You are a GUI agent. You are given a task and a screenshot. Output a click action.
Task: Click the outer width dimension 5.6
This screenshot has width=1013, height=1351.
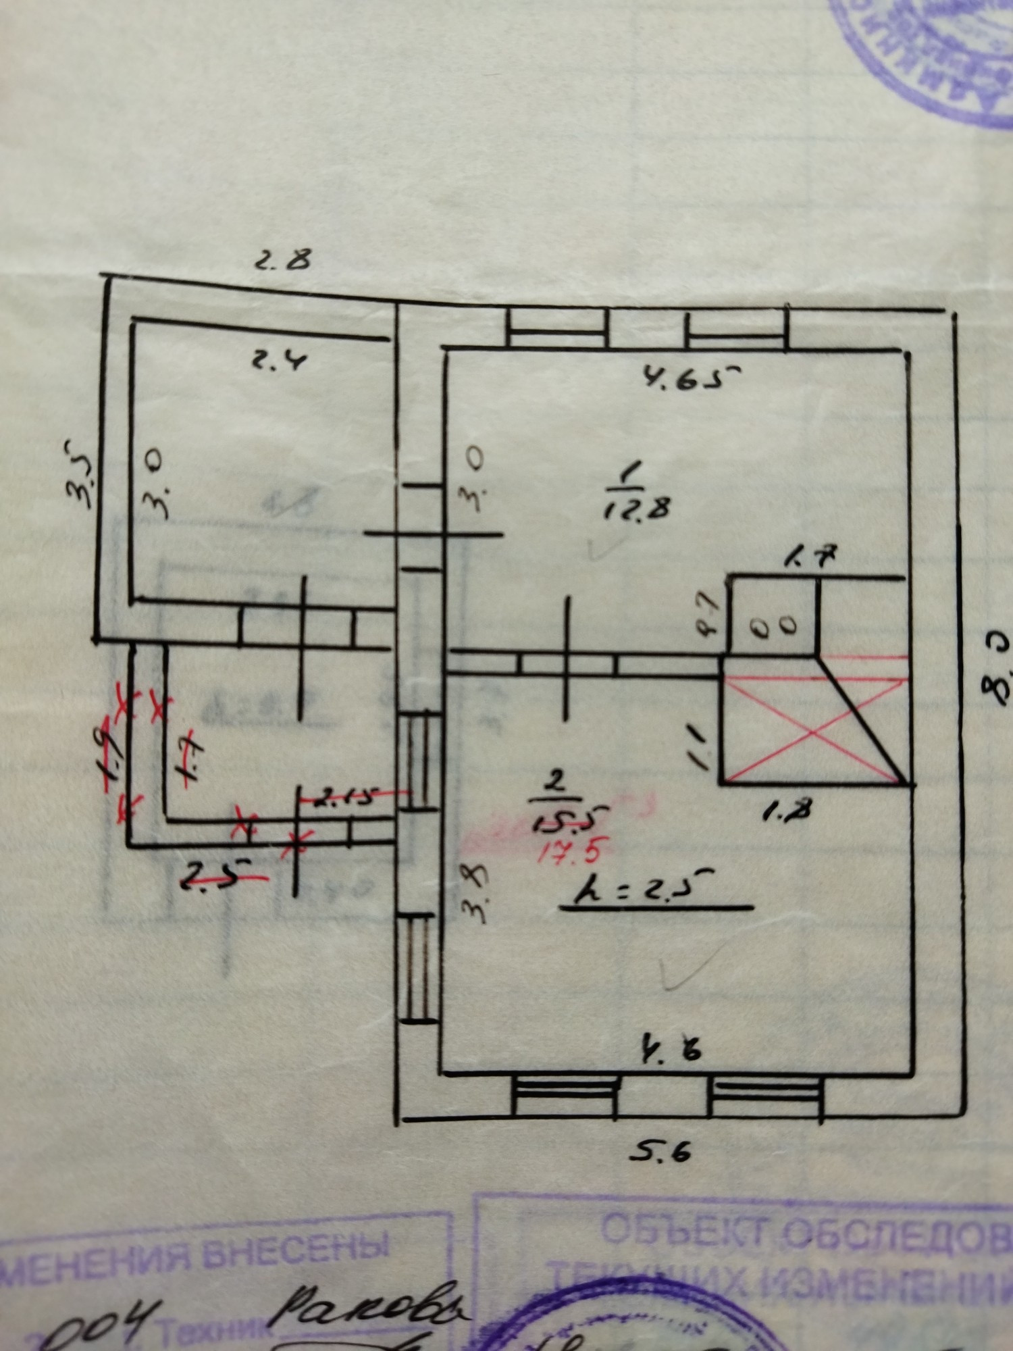(661, 1150)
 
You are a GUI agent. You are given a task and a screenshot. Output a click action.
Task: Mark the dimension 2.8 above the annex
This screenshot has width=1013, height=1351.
(283, 258)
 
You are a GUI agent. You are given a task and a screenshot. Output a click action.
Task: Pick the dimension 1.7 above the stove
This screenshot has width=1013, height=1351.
(811, 558)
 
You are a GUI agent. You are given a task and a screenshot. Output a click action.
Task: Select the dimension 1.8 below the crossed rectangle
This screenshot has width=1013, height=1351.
(787, 811)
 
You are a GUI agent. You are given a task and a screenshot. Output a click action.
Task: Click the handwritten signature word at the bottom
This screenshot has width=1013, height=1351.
(368, 1307)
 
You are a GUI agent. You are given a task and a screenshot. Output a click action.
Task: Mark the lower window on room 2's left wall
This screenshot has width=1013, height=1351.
(419, 967)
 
